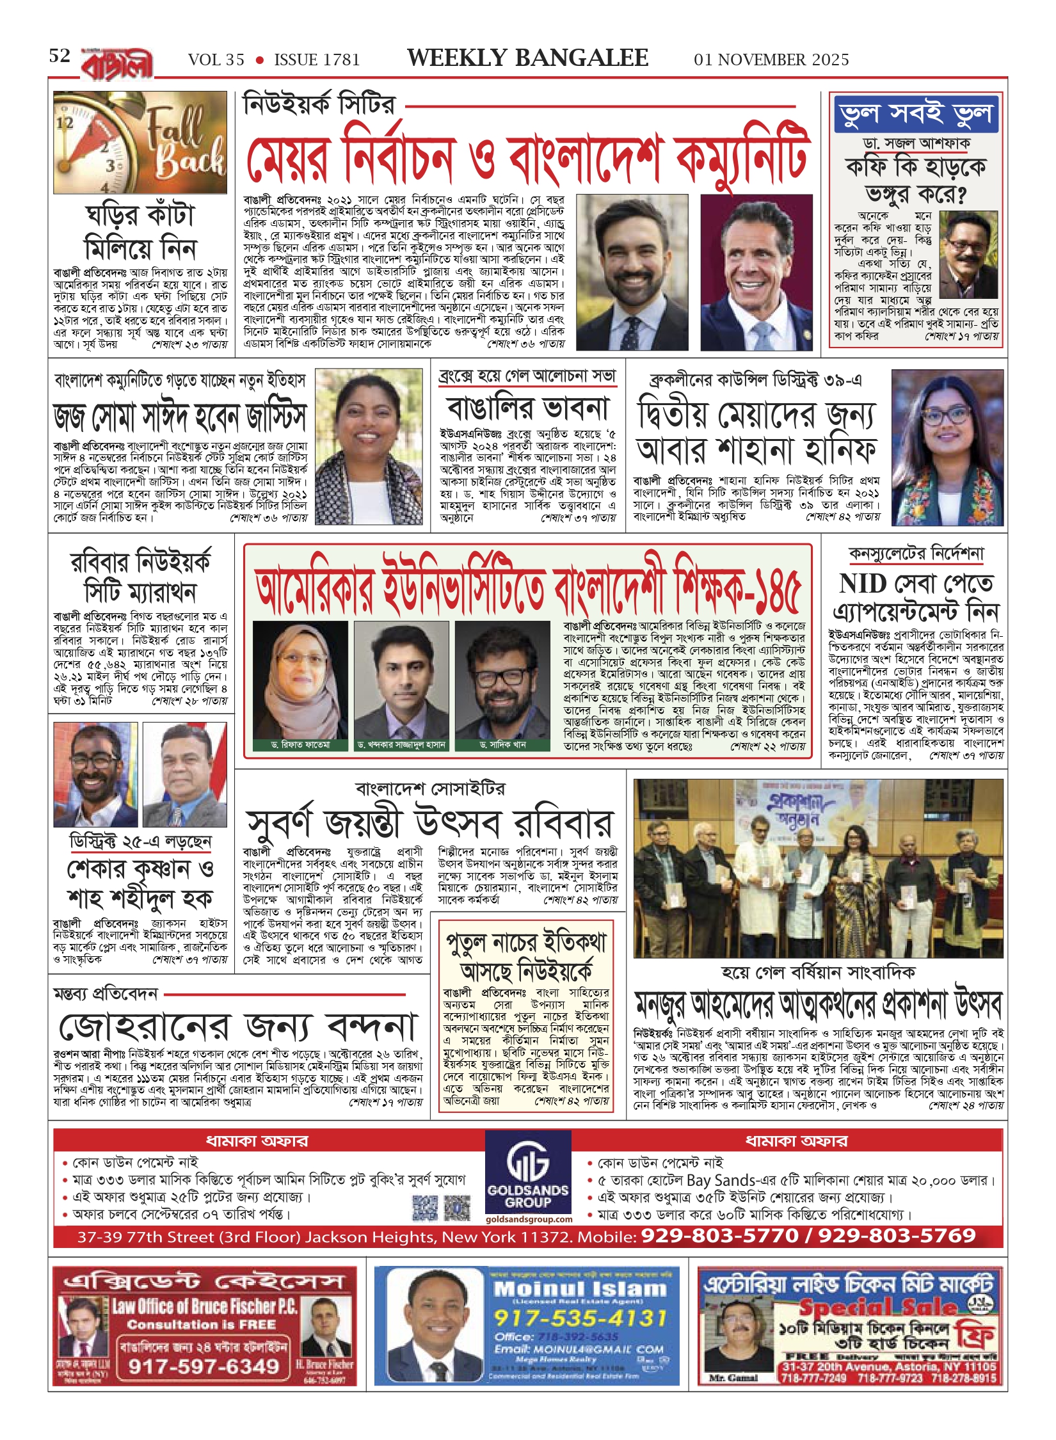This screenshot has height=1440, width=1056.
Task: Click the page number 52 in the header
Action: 60,56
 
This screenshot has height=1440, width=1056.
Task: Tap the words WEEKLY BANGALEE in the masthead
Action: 527,58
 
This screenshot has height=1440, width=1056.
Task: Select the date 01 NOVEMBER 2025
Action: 771,60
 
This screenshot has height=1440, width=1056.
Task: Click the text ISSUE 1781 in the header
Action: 317,60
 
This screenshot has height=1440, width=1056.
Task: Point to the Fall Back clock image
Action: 140,142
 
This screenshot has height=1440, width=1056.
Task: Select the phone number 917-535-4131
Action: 580,1318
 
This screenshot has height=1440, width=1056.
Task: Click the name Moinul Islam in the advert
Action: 580,1289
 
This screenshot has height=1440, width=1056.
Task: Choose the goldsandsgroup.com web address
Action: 529,1220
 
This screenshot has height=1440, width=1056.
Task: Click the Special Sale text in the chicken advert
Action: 877,1308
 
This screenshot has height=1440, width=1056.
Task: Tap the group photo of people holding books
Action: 818,868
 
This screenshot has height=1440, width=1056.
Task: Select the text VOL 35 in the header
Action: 216,60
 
